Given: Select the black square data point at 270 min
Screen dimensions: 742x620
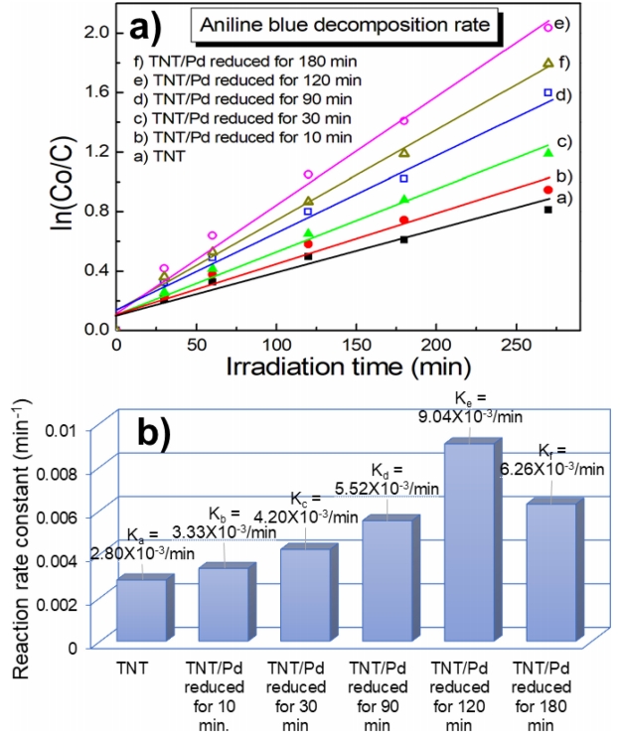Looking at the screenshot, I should click(547, 210).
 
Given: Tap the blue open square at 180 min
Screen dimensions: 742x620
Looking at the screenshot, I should click(403, 179).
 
